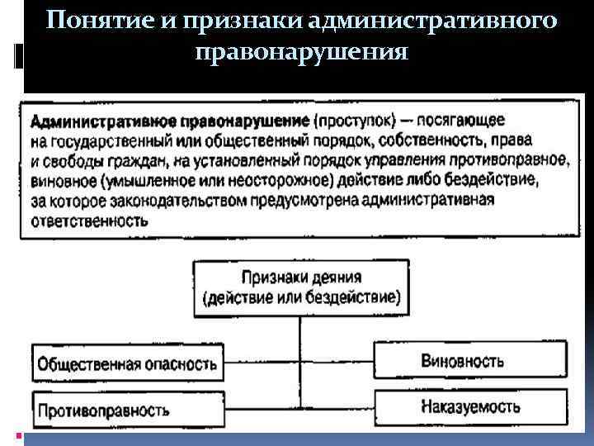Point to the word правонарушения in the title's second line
[302, 54]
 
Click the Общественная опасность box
[129, 363]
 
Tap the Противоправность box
[129, 409]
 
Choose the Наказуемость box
[471, 406]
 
